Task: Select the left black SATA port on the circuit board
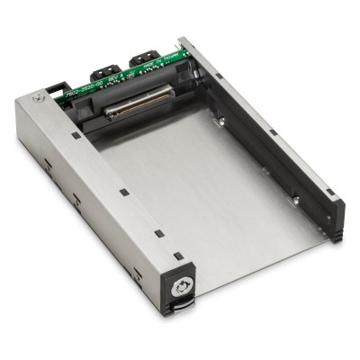[106, 67]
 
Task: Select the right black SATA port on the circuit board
[144, 60]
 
